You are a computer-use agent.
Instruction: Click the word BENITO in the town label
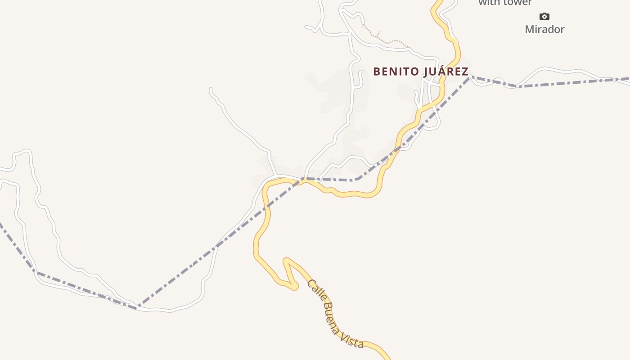coord(393,72)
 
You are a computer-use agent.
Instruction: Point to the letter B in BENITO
coord(377,72)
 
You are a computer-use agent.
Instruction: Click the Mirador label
coord(544,29)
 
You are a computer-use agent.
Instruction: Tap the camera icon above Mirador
coord(544,17)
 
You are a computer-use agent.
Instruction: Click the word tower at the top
coord(517,3)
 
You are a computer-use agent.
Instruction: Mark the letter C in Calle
coord(310,283)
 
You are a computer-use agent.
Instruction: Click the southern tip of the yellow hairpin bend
coord(293,286)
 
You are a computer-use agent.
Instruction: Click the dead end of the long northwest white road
coord(211,90)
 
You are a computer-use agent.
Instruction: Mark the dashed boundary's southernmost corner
coord(137,307)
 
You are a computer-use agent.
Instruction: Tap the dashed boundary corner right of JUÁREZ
coord(470,77)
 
